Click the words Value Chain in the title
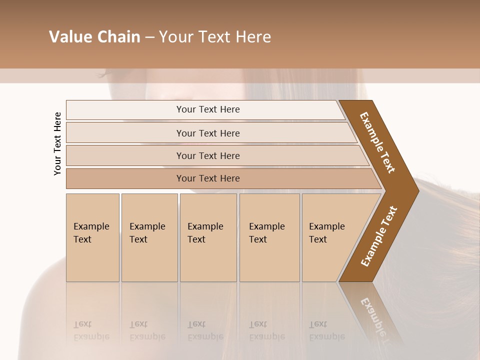[94, 37]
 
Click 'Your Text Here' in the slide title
[215, 37]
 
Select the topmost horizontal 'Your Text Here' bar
[208, 109]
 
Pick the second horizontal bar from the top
[208, 133]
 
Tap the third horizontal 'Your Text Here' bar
[208, 155]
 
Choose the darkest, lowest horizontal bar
[208, 178]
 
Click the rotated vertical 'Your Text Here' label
[57, 143]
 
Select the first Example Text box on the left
[92, 237]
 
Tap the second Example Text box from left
[149, 237]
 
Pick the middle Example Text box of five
[208, 237]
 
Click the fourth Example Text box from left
[269, 237]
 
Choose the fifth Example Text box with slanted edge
[327, 237]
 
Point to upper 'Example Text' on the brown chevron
[377, 142]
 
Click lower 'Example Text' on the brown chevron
[378, 236]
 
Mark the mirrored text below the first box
[91, 330]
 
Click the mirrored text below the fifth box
[327, 330]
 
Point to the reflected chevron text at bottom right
[376, 317]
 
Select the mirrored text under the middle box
[205, 330]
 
